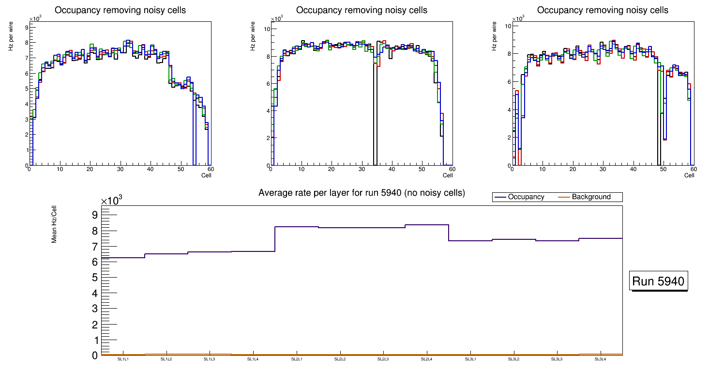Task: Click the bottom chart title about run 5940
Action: tap(362, 193)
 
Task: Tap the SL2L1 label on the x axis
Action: tap(297, 359)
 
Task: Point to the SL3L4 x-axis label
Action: tap(600, 359)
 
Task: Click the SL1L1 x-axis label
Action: tap(123, 359)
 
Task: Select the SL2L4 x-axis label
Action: tap(426, 359)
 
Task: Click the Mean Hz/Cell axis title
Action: tap(54, 225)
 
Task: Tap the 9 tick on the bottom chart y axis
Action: tap(94, 215)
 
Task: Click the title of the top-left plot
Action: tap(120, 10)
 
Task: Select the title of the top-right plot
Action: tap(603, 10)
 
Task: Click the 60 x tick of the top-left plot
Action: tap(211, 169)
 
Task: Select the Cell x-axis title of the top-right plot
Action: tap(689, 175)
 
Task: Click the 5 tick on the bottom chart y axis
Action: tap(94, 278)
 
